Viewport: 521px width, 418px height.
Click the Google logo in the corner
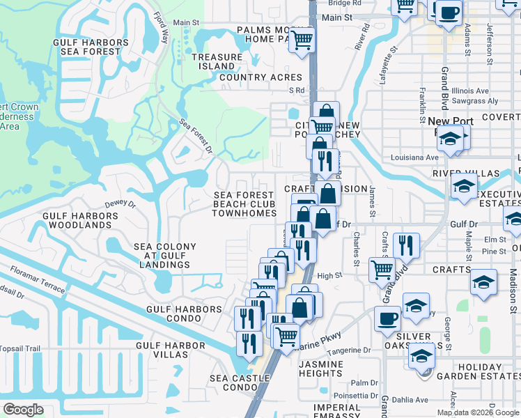(23, 410)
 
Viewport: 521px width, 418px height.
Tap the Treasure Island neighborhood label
(216, 61)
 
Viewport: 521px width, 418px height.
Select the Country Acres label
(260, 77)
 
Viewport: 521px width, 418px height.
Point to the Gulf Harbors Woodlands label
(77, 220)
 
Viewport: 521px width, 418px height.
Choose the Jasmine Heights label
(320, 369)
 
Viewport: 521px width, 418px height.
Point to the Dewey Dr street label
(120, 204)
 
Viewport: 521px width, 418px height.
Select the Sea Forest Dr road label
(196, 135)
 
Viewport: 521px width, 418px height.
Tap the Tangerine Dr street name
(350, 351)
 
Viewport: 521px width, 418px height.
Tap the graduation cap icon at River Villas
(463, 187)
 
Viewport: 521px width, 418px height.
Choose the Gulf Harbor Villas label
(171, 350)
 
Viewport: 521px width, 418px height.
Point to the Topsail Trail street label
(21, 348)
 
